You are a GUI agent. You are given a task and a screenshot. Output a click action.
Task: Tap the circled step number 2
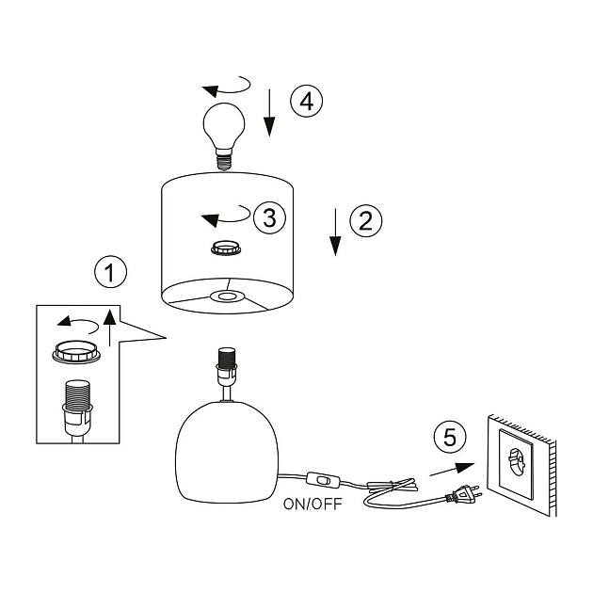coord(366,220)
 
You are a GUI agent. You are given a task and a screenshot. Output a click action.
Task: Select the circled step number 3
coord(269,218)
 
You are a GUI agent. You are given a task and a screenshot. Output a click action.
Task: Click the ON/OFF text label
coord(313,504)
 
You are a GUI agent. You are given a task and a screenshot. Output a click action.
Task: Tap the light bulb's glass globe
coord(223,123)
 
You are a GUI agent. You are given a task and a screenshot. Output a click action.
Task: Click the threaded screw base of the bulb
coord(224,159)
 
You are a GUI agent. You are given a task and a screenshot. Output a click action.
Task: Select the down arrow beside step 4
coord(269,112)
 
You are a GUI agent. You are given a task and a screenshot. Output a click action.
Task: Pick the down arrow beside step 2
coord(334,232)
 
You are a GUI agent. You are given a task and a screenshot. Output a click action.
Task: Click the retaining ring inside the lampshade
coord(225,248)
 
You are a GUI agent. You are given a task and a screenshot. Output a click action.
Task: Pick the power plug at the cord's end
coord(463,493)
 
